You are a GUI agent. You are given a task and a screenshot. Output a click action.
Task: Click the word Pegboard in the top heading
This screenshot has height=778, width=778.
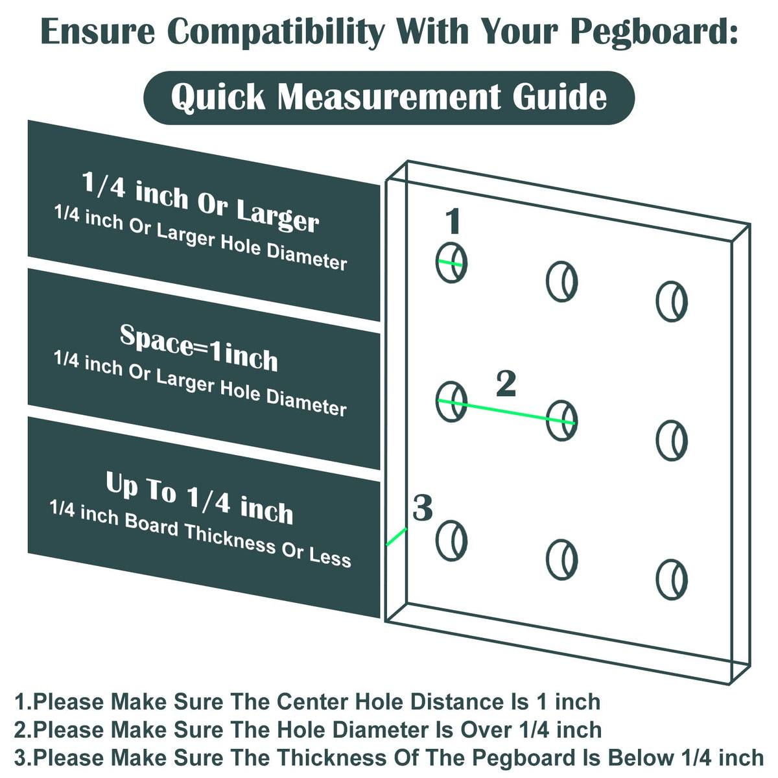click(x=654, y=32)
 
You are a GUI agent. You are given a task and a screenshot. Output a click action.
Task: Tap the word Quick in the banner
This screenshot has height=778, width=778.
click(x=218, y=97)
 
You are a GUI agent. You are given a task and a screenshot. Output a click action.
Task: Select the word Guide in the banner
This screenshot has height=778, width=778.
click(x=560, y=97)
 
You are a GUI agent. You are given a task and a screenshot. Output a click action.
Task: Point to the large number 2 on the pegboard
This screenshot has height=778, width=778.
click(x=506, y=384)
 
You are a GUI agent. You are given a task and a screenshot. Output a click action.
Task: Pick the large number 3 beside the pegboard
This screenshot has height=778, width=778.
click(x=422, y=508)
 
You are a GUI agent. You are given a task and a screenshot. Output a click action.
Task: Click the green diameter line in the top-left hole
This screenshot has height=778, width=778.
click(x=450, y=263)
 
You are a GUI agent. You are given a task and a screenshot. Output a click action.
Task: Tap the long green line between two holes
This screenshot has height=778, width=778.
click(x=506, y=412)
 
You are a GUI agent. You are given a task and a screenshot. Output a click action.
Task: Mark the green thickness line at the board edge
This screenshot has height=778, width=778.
click(x=397, y=537)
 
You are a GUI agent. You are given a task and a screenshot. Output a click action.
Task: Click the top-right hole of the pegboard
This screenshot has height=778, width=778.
click(x=672, y=301)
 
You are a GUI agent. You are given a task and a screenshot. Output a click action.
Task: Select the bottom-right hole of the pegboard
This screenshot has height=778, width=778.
click(x=672, y=580)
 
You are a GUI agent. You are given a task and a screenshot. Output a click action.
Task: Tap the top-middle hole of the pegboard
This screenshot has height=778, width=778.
click(x=561, y=281)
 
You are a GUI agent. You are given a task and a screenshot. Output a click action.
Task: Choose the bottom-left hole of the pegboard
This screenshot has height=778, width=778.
click(x=451, y=541)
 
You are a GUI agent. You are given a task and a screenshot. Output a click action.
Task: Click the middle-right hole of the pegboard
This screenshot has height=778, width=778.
click(x=672, y=441)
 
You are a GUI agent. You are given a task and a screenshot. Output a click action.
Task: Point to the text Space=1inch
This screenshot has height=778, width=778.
click(x=198, y=348)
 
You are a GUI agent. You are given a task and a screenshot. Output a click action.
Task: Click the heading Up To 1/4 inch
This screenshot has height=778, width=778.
click(x=199, y=498)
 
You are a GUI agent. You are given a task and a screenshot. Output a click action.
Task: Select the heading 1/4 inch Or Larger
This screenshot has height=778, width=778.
click(x=200, y=202)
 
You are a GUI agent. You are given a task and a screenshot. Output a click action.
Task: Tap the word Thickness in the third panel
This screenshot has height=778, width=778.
click(x=230, y=539)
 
